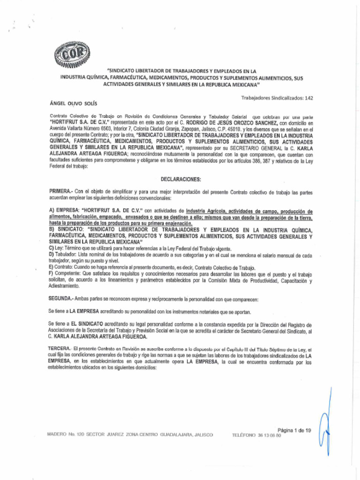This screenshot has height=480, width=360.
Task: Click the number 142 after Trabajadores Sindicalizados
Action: [x=308, y=98]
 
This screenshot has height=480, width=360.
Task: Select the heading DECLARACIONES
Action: [x=180, y=179]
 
